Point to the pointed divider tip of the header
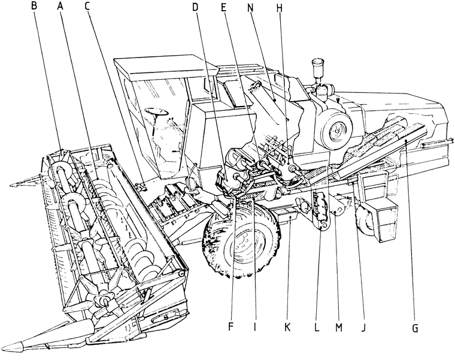click(x=21, y=347)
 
